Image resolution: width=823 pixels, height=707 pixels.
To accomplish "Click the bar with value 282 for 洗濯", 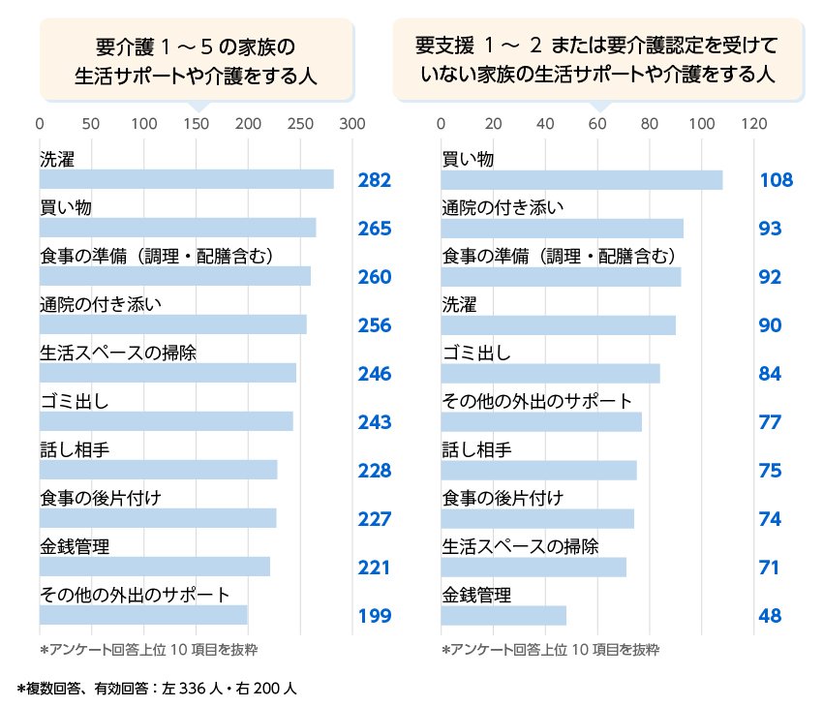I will click(186, 179).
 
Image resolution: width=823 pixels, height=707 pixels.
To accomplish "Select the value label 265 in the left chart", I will click(374, 229).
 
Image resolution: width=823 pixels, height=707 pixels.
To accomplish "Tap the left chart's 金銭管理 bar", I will click(155, 567).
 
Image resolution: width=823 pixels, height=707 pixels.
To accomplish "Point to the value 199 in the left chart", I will click(374, 616).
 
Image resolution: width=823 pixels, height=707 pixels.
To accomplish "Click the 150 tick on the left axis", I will click(197, 124).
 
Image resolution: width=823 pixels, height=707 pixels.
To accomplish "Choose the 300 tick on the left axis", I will click(352, 124).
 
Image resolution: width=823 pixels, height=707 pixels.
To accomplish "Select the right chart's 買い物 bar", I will click(582, 180).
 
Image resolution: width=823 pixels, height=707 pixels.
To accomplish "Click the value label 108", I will click(776, 180).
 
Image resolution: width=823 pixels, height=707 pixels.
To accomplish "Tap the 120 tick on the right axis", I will click(753, 124).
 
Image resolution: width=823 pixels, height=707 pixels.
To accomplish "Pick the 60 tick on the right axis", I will click(597, 124).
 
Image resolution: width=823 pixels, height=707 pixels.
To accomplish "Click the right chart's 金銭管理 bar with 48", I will click(503, 615).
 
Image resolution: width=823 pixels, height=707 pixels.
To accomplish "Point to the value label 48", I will click(770, 616).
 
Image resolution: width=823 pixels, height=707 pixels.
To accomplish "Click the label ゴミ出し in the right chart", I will click(475, 353).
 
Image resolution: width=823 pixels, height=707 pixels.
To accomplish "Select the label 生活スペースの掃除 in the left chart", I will click(117, 353).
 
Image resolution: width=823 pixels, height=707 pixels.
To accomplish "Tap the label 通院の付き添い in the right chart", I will click(503, 207).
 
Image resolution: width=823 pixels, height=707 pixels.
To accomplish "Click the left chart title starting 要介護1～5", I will click(195, 60).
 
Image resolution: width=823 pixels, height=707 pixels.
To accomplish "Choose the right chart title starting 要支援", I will click(597, 60).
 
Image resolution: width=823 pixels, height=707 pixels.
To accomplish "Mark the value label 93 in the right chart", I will click(770, 229).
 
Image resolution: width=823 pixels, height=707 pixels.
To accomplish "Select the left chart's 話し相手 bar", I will click(159, 470).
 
